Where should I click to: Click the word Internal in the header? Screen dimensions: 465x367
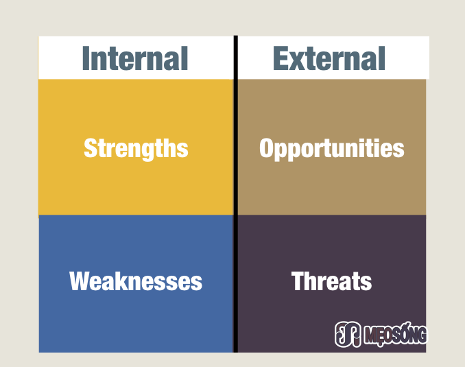135,58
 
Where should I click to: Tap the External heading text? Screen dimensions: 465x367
329,58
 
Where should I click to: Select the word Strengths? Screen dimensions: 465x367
136,149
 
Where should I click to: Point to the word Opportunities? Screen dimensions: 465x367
331,149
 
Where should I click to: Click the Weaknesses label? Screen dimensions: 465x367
136,281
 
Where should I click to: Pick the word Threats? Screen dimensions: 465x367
331,281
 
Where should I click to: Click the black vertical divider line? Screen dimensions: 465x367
236,194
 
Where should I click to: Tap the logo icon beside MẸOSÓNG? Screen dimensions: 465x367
348,334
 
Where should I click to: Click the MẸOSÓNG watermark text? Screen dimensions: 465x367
396,334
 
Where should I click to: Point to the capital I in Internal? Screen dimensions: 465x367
86,58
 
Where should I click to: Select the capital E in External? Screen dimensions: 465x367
281,58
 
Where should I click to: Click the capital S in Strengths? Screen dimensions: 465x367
90,147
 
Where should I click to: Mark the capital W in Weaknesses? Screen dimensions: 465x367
82,281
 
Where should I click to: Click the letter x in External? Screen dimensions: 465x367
298,62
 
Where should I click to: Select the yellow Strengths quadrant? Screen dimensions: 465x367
136,147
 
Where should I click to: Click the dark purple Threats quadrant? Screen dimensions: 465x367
332,283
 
